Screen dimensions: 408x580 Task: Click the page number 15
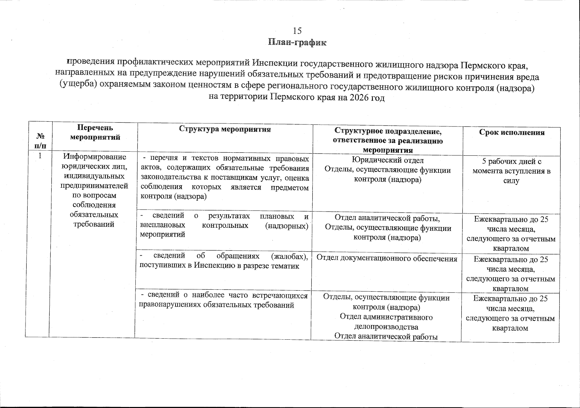[297, 31]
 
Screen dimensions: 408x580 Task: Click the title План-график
[297, 42]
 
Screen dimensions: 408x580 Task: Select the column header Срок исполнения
[512, 132]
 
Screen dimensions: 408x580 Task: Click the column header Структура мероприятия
[225, 129]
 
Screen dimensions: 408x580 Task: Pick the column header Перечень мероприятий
[95, 132]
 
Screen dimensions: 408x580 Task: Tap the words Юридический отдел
[387, 160]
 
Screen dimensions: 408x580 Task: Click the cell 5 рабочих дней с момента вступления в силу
[511, 171]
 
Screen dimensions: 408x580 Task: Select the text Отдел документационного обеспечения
[387, 258]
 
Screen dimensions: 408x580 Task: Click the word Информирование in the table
[95, 157]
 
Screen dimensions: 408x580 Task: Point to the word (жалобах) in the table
[289, 256]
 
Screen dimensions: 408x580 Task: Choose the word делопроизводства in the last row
[386, 327]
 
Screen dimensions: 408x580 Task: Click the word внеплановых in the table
[163, 225]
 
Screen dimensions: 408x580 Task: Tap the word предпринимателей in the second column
[95, 186]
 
